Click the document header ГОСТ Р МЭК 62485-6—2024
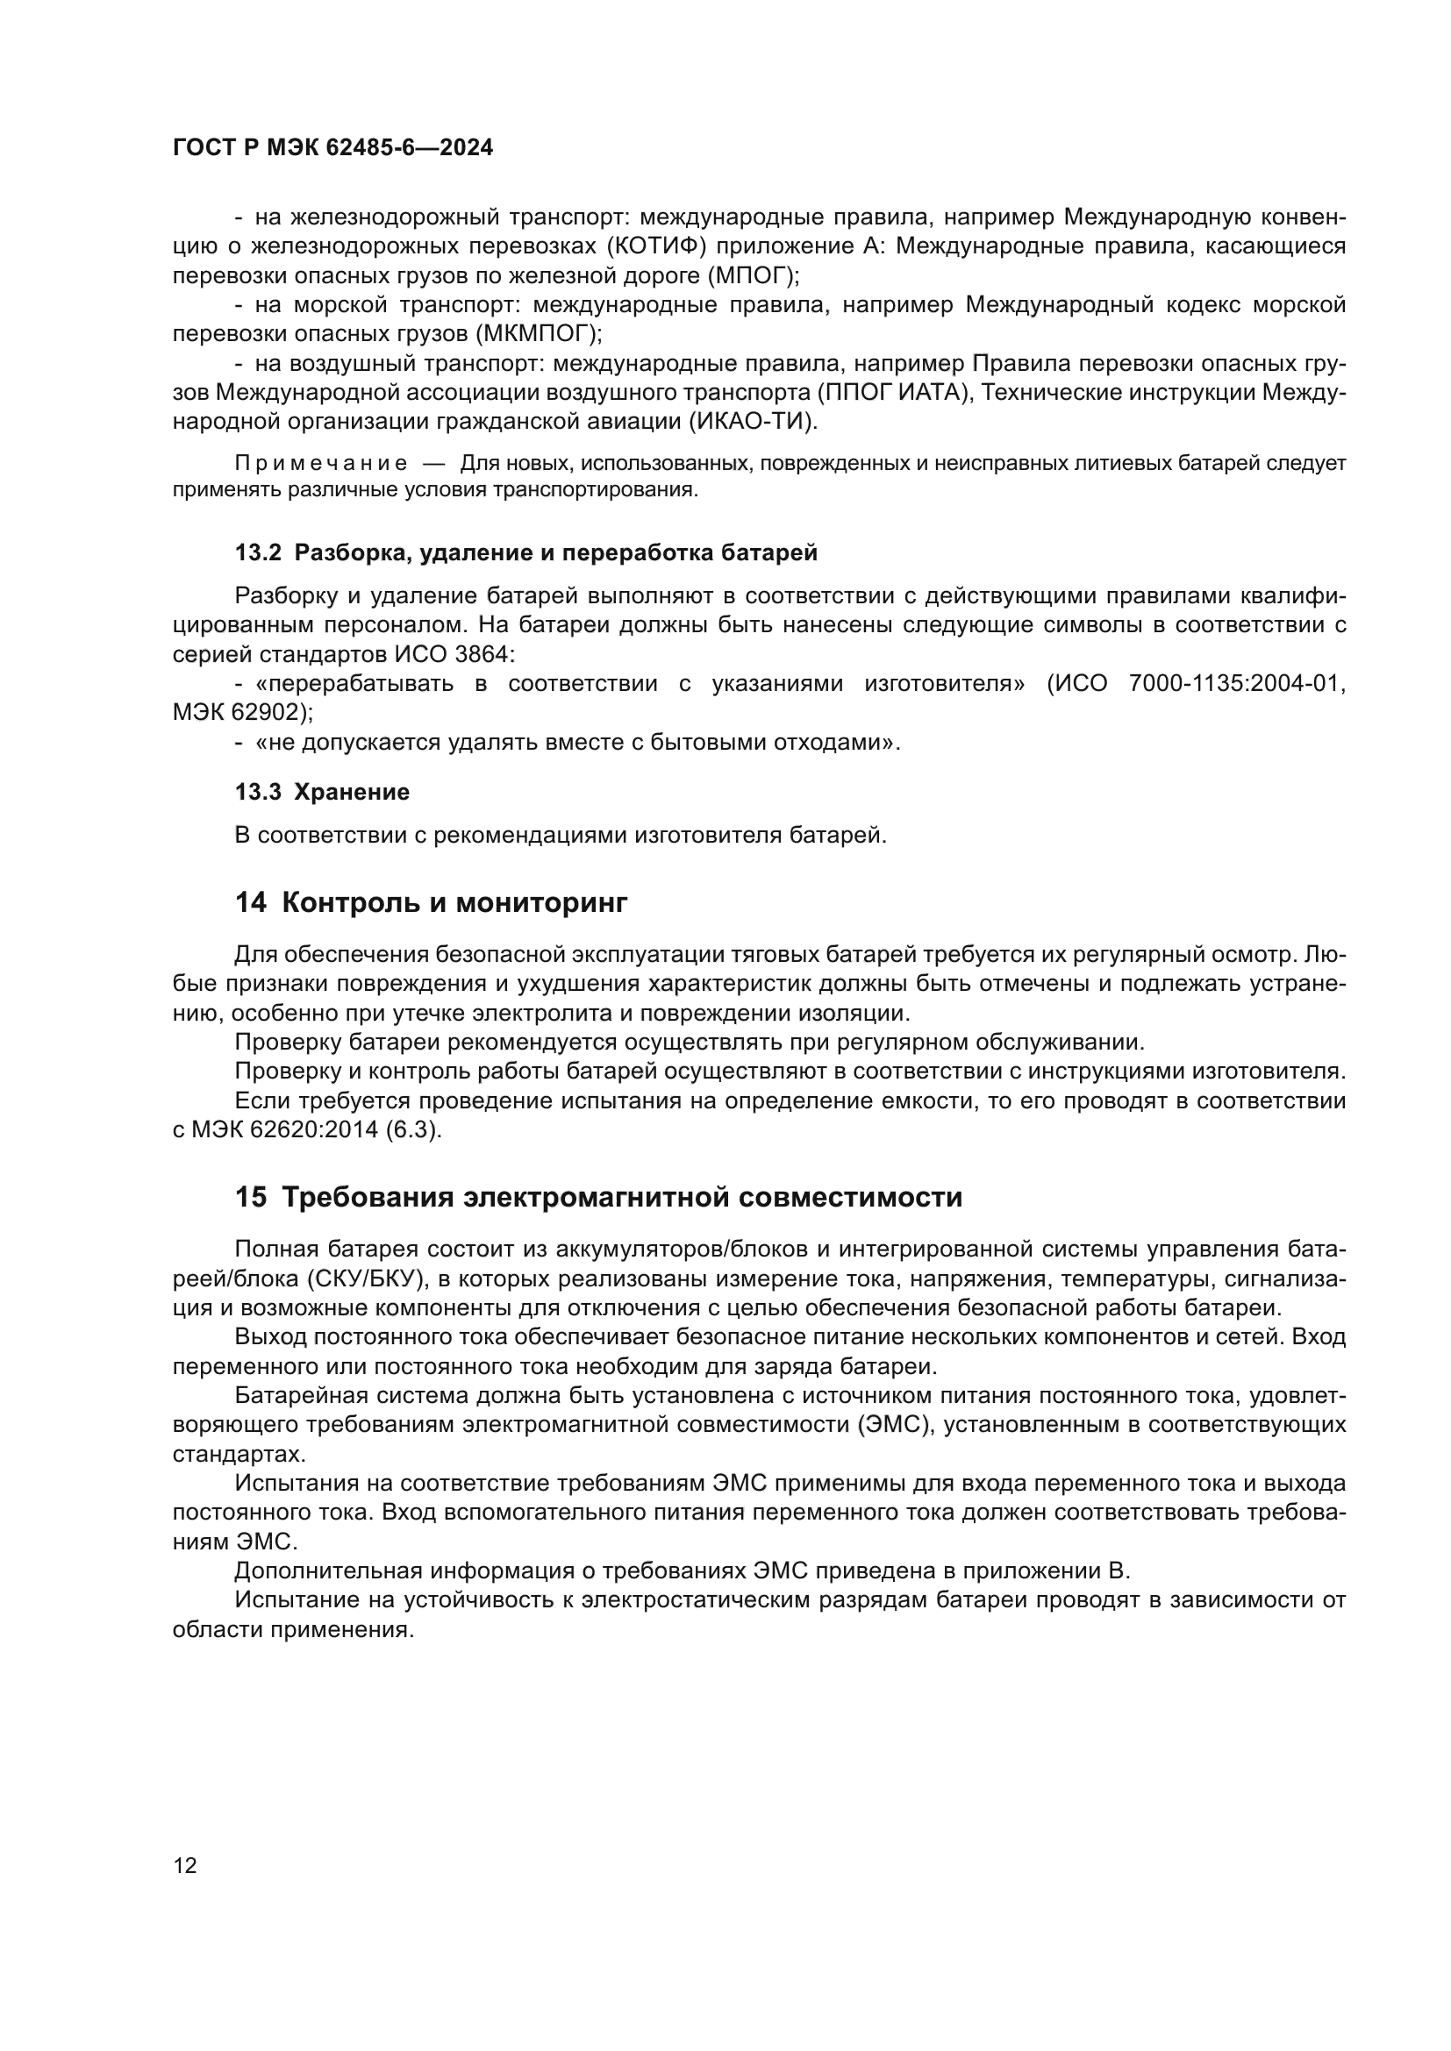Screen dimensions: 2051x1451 (332, 148)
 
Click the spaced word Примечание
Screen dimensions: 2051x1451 (321, 464)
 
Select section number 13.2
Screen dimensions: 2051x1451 (258, 553)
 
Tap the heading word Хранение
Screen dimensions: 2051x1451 (352, 792)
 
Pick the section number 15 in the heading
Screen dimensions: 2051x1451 (250, 1197)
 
